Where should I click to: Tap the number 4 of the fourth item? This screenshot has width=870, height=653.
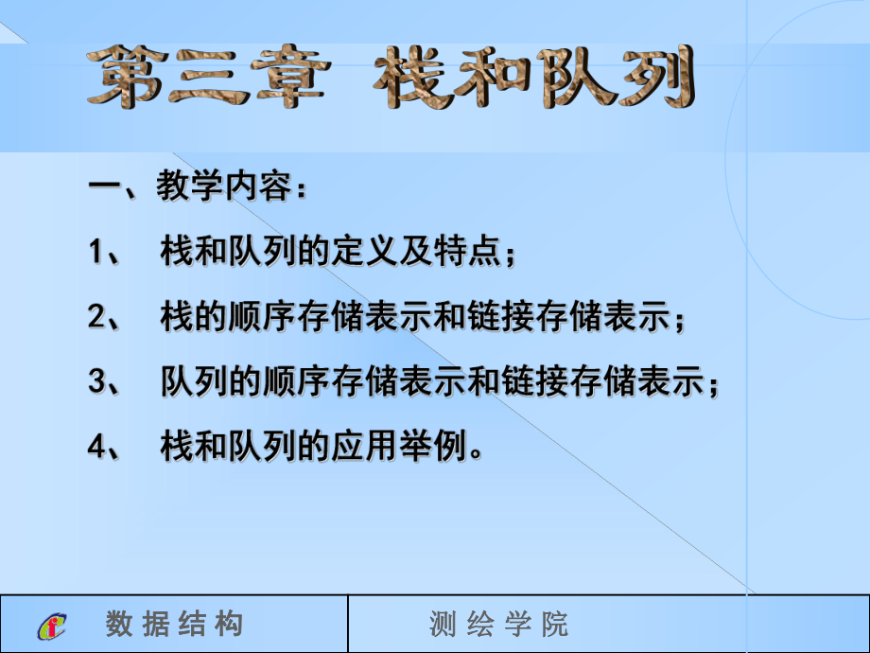pos(95,448)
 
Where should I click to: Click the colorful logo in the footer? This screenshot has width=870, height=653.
pos(54,626)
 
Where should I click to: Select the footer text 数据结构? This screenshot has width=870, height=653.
pos(175,625)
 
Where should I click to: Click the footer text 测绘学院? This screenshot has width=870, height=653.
pos(499,625)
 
